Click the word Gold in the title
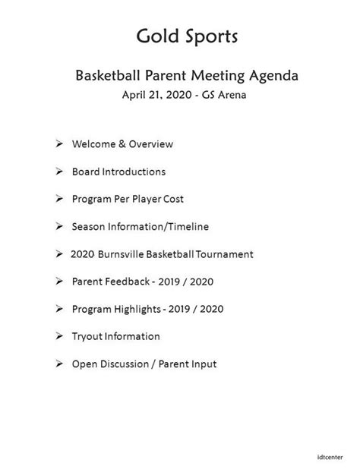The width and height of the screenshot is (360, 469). (x=158, y=36)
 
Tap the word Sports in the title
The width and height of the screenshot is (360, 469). (x=212, y=37)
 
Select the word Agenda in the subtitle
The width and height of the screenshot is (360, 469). (x=274, y=76)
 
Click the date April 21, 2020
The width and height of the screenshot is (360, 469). (x=157, y=95)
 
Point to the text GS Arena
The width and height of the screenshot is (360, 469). (x=224, y=95)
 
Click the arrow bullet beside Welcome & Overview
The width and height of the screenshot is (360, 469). (x=59, y=143)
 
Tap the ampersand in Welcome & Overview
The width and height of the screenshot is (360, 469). (x=122, y=144)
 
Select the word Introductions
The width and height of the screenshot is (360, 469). (x=134, y=172)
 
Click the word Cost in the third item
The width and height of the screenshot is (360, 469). (x=173, y=199)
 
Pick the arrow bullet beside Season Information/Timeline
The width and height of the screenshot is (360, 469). (x=59, y=226)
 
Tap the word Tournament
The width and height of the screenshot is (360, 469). (x=225, y=254)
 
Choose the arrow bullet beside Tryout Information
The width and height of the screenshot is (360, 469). (x=59, y=336)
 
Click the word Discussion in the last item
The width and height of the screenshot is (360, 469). (x=128, y=364)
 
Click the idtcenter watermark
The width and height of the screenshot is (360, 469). (x=330, y=457)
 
